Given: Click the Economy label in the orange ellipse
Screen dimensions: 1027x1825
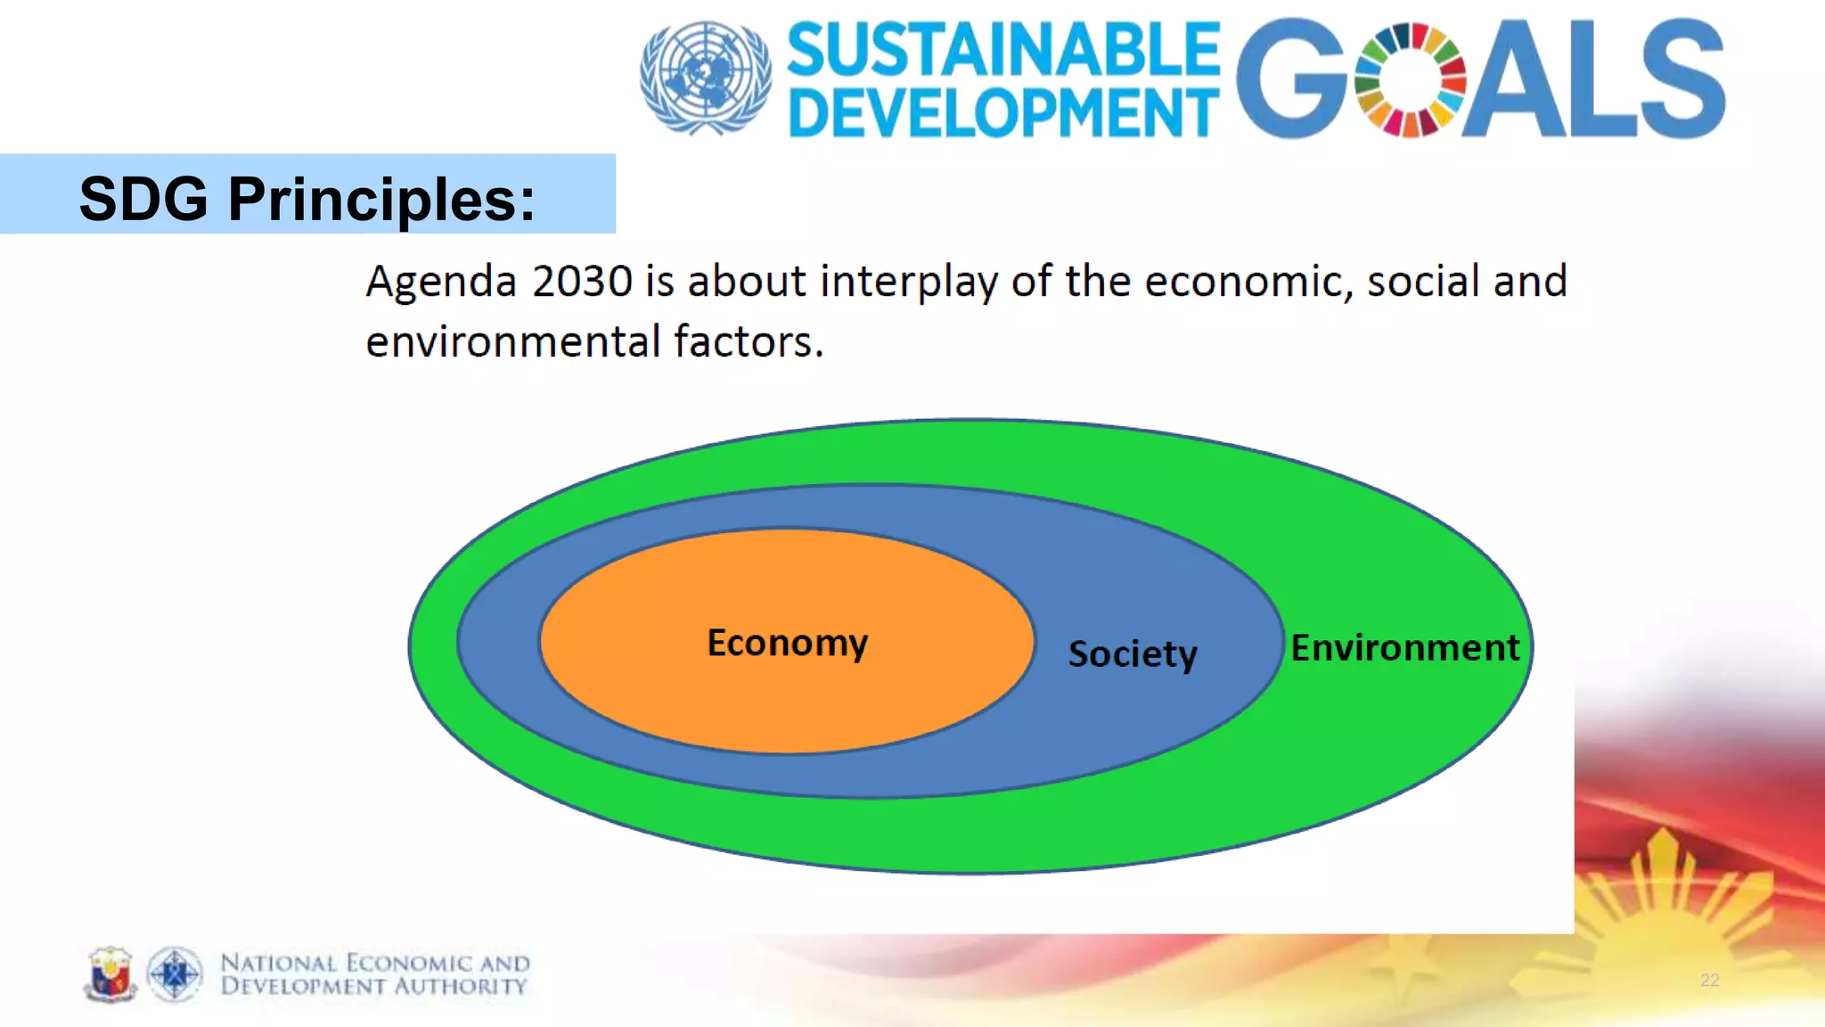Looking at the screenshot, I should pyautogui.click(x=787, y=643).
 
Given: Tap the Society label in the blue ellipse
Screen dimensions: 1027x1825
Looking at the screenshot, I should pyautogui.click(x=1133, y=654).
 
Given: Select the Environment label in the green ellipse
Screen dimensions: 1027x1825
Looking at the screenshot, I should pyautogui.click(x=1405, y=648).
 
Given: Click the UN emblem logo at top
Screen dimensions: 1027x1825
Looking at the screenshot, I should pyautogui.click(x=706, y=78).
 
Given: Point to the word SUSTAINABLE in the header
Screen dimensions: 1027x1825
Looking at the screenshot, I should pyautogui.click(x=1003, y=50).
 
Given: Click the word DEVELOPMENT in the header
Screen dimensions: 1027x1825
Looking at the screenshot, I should pyautogui.click(x=1003, y=113).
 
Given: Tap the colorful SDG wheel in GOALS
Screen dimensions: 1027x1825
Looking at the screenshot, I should pyautogui.click(x=1410, y=80).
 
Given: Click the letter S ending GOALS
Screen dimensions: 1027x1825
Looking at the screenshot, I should pyautogui.click(x=1682, y=80).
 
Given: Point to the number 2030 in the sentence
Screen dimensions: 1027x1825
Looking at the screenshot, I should pyautogui.click(x=583, y=282).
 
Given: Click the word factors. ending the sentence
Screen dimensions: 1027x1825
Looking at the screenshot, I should pyautogui.click(x=749, y=341).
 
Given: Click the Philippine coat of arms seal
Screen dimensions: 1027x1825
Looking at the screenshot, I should pyautogui.click(x=110, y=974).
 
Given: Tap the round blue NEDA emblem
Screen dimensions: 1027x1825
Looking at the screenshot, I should pyautogui.click(x=175, y=974).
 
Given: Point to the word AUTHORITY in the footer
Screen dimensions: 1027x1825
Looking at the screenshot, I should pyautogui.click(x=461, y=986).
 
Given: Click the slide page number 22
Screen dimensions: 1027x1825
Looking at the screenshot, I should pyautogui.click(x=1709, y=981).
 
